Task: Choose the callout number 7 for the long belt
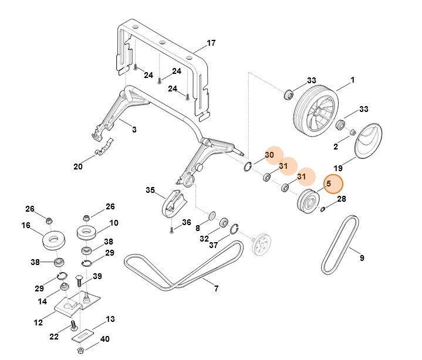tap(216, 288)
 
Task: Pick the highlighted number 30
tap(269, 154)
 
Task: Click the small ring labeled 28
tap(323, 209)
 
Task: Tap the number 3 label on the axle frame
tap(134, 130)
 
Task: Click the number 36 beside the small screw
tap(186, 222)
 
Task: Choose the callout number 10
tap(114, 223)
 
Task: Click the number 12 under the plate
tap(39, 322)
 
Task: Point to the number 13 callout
tap(110, 319)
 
